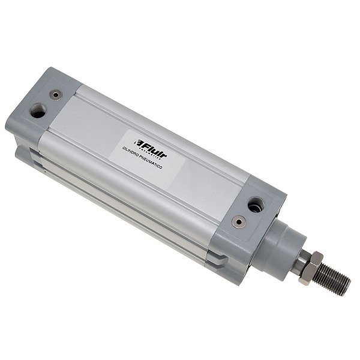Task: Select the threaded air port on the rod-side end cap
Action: point(255,205)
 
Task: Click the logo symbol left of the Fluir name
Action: point(139,143)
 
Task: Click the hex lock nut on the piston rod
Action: point(307,266)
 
